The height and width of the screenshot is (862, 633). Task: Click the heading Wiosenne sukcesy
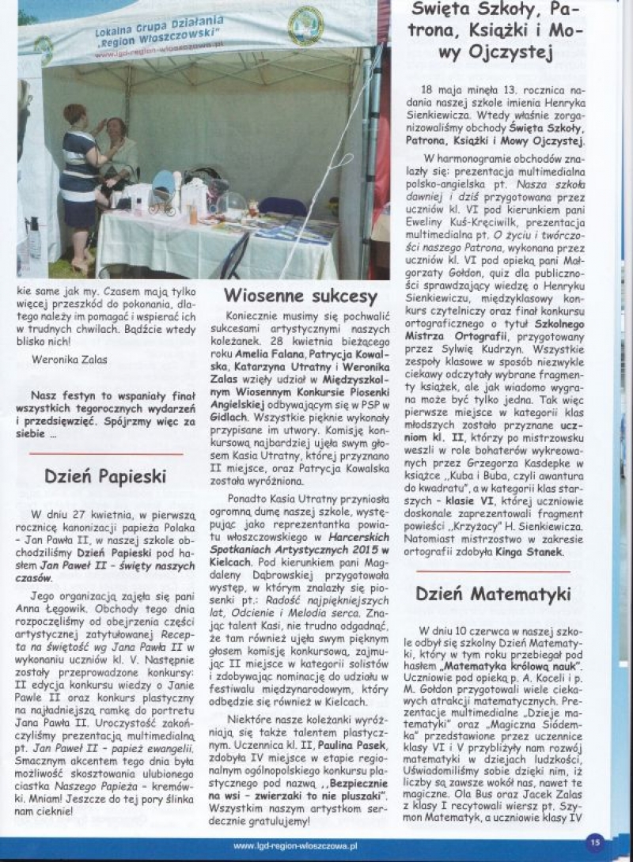coord(301,297)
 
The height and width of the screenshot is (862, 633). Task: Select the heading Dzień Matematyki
coord(494,592)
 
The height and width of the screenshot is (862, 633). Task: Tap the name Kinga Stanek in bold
coord(530,552)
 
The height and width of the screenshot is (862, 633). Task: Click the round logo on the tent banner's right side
coord(306,26)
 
